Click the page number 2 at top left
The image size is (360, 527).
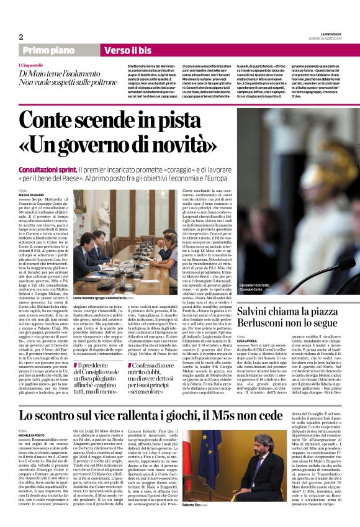[21, 36]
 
